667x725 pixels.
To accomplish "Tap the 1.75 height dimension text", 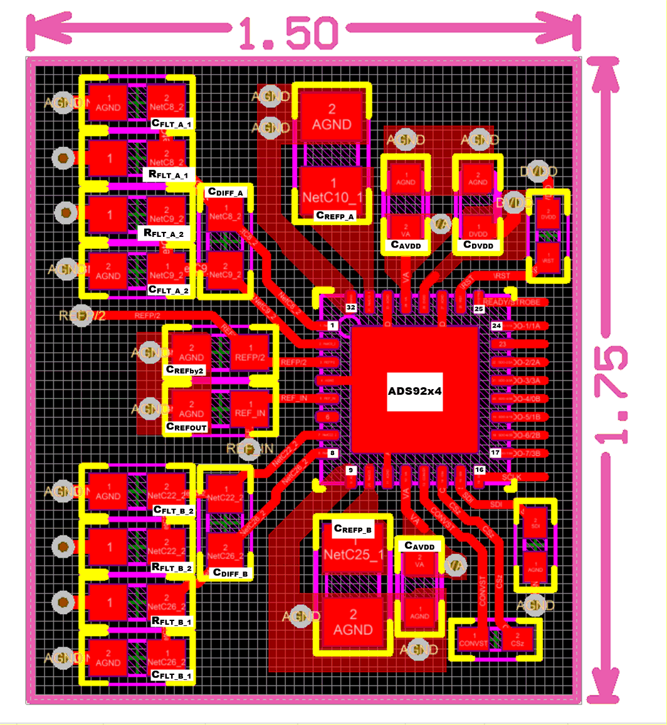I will click(x=613, y=394).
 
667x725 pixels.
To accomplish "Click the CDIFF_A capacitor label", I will click(x=226, y=192).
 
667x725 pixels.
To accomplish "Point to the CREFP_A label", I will click(x=335, y=216).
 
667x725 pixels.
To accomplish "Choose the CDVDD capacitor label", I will click(x=477, y=245).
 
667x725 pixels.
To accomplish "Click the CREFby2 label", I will click(x=186, y=370).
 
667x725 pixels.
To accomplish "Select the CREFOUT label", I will click(x=186, y=426).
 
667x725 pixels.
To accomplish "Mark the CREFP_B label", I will click(x=353, y=529).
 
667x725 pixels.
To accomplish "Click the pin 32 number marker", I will click(x=351, y=308).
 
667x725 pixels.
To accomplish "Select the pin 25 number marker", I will click(x=479, y=309).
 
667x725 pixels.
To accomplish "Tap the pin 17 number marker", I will click(x=495, y=452).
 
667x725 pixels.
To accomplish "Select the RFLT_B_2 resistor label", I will click(x=172, y=567).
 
